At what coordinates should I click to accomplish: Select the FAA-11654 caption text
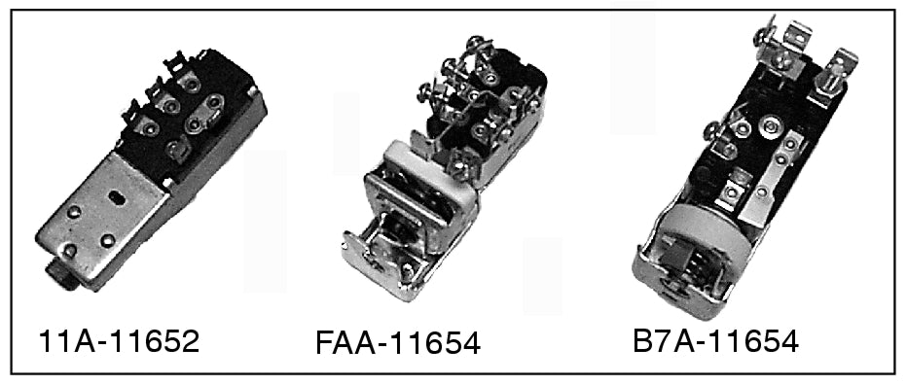[x=397, y=344]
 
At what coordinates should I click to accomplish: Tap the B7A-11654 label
[x=715, y=341]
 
